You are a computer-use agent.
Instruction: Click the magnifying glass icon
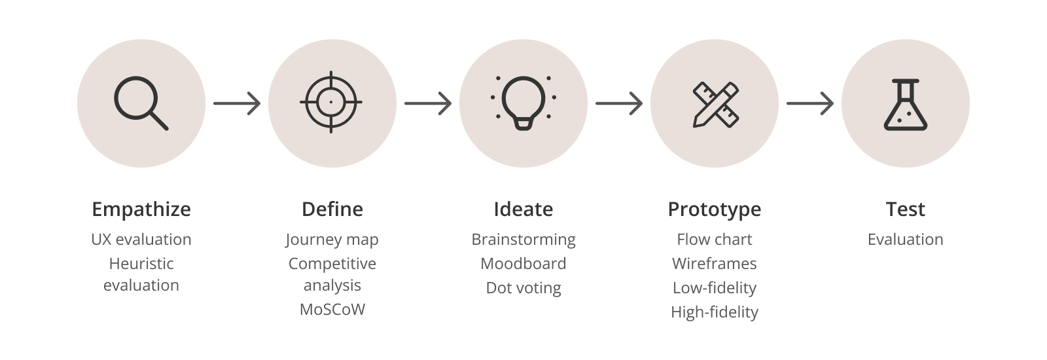coord(141,103)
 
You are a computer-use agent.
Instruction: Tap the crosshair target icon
coord(331,103)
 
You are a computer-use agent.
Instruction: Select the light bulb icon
coord(523,103)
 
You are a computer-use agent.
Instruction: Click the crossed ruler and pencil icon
coord(714,103)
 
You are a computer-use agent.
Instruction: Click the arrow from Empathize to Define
coord(237,103)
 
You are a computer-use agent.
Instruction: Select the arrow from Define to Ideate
coord(428,103)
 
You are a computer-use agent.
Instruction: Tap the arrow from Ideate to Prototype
coord(619,103)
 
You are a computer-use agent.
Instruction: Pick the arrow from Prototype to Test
coord(810,103)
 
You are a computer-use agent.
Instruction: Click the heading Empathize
coord(141,209)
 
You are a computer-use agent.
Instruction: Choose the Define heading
coord(332,209)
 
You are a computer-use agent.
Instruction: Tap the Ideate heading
coord(523,209)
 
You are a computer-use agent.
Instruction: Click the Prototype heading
coord(714,209)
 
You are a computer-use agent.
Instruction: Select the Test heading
coord(906,209)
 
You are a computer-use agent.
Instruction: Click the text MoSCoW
coord(332,309)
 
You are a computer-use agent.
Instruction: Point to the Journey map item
coord(332,240)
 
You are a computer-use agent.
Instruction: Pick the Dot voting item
coord(523,288)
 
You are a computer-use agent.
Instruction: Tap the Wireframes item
coord(714,264)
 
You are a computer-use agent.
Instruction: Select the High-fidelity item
coord(714,312)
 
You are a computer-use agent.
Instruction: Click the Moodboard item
coord(523,264)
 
